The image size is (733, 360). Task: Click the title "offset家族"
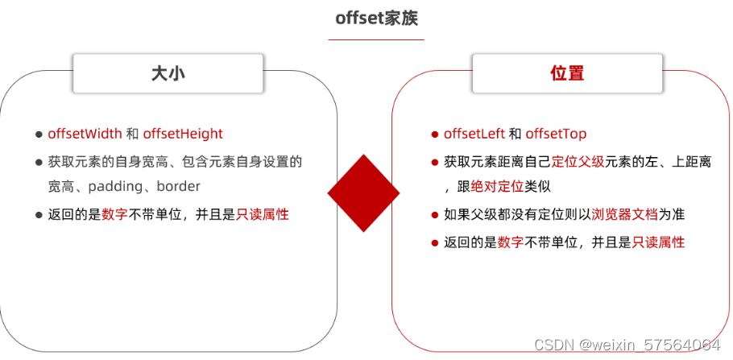pyautogui.click(x=376, y=18)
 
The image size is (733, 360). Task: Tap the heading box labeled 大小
pyautogui.click(x=168, y=73)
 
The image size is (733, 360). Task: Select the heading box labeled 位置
pyautogui.click(x=567, y=73)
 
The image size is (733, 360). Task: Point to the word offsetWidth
pyautogui.click(x=85, y=134)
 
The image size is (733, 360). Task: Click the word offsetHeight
pyautogui.click(x=183, y=134)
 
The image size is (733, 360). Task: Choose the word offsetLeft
pyautogui.click(x=474, y=134)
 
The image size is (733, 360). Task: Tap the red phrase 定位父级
pyautogui.click(x=578, y=161)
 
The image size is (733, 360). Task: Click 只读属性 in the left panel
pyautogui.click(x=263, y=214)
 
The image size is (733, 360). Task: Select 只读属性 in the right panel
pyautogui.click(x=658, y=242)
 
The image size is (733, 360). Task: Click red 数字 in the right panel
pyautogui.click(x=511, y=242)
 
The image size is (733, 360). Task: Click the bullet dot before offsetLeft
pyautogui.click(x=435, y=134)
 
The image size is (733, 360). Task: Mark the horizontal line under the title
pyautogui.click(x=376, y=39)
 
